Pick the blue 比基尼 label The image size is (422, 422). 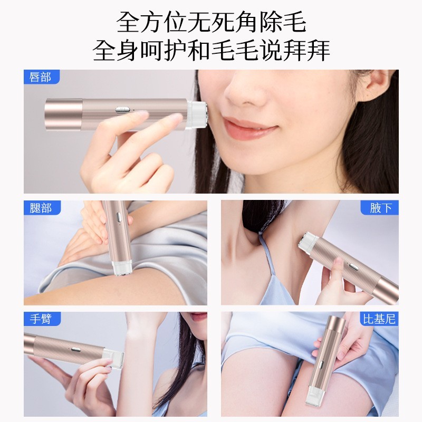[x=379, y=319]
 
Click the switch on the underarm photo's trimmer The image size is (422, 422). [x=352, y=266]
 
